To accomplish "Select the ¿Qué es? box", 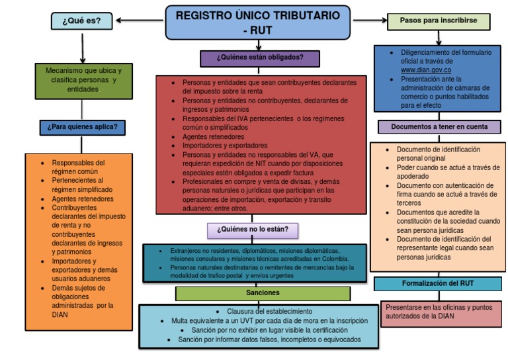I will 81,21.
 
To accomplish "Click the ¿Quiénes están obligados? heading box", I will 260,58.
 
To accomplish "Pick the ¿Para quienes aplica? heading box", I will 83,126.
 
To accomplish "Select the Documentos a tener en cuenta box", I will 439,126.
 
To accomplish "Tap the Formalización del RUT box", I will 438,283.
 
